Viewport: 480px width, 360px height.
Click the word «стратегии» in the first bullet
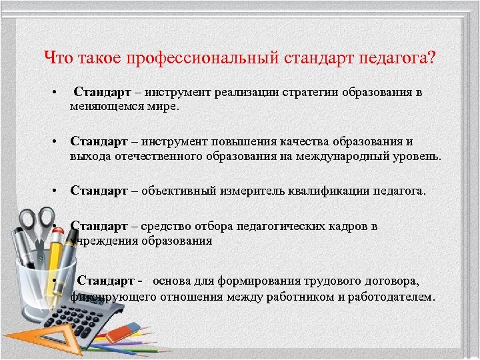point(313,92)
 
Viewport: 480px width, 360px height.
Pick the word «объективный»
point(177,191)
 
